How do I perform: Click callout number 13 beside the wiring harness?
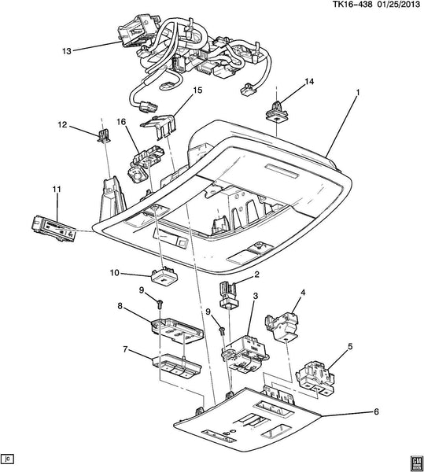67,51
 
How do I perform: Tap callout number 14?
309,82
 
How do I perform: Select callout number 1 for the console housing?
357,93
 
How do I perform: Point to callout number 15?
197,90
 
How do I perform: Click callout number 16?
122,122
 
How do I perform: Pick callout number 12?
63,124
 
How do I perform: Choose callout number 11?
57,190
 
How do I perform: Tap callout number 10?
115,273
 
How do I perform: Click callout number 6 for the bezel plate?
376,411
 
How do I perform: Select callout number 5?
350,346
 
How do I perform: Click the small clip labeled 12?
104,135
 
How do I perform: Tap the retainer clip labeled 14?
277,112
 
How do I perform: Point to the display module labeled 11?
53,228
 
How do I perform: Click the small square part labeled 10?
164,275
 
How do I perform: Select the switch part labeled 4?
282,326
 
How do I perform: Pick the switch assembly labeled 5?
315,378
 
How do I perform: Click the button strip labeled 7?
177,367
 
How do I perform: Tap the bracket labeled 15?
158,126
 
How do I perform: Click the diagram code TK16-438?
352,4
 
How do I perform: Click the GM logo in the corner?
415,463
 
